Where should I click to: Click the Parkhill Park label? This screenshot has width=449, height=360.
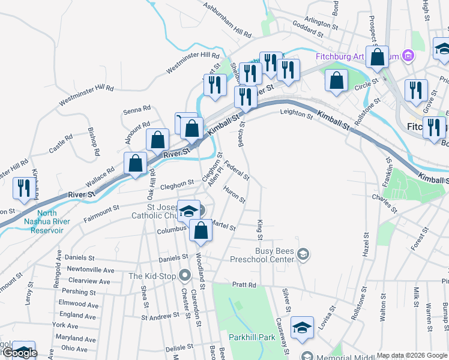pyautogui.click(x=251, y=337)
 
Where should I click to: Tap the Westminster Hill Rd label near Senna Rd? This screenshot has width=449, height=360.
pyautogui.click(x=86, y=96)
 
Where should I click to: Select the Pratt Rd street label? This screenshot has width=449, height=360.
pyautogui.click(x=244, y=285)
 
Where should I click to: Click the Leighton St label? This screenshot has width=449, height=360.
pyautogui.click(x=297, y=112)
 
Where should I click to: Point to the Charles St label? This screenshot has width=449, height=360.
pyautogui.click(x=384, y=202)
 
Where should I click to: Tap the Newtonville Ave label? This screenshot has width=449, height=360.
pyautogui.click(x=91, y=270)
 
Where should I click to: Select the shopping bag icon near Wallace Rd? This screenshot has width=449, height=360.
pyautogui.click(x=135, y=163)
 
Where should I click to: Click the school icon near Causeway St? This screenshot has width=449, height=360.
pyautogui.click(x=302, y=328)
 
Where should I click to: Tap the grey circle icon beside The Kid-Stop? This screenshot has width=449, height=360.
pyautogui.click(x=184, y=276)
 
